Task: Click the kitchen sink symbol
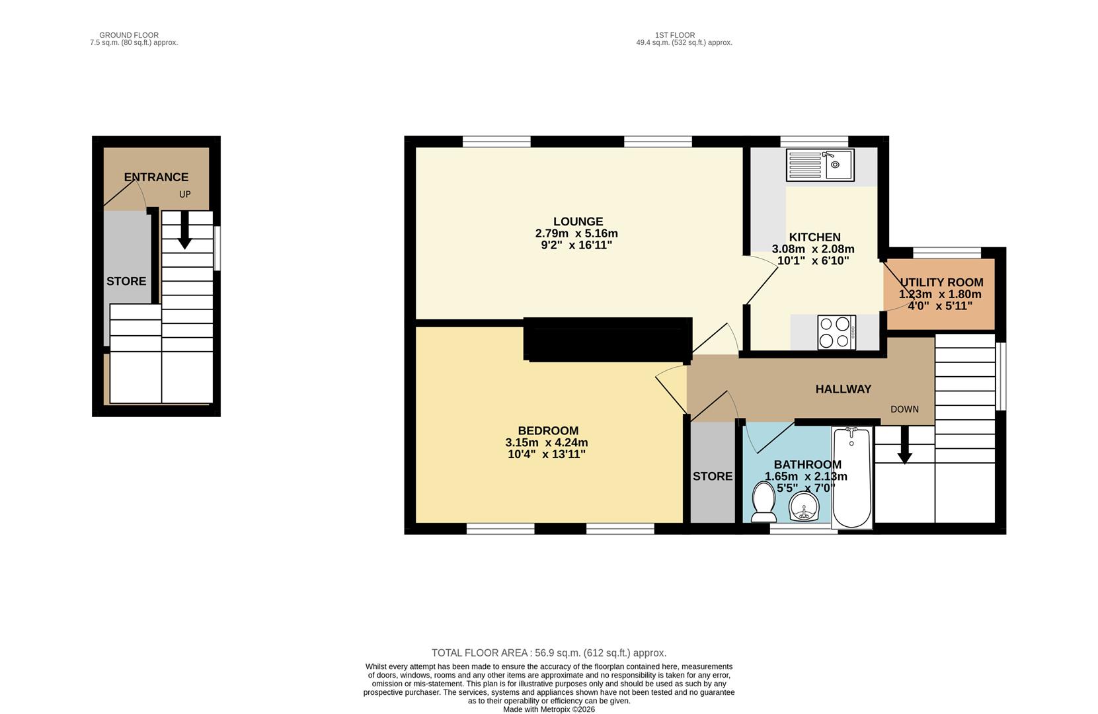pos(820,165)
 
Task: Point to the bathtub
pos(851,477)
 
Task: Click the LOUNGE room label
pos(578,221)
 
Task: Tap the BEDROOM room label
pos(547,431)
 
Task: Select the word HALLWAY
pos(843,389)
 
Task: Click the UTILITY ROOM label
pos(941,282)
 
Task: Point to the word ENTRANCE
pos(156,177)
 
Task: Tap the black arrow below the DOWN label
pos(904,446)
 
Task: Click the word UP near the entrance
pos(184,194)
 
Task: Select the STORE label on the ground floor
pos(126,281)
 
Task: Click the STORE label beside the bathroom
pos(713,476)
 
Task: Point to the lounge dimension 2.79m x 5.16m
pos(576,233)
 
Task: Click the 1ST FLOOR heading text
pos(674,35)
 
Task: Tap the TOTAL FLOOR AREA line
pos(549,653)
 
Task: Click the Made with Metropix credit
pos(549,709)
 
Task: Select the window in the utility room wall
pos(947,252)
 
